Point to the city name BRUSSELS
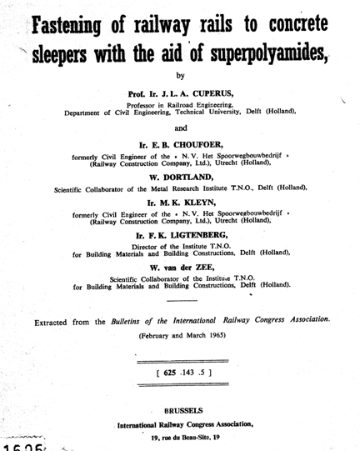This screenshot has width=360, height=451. tap(181, 412)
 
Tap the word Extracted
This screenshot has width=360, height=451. tap(61, 320)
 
